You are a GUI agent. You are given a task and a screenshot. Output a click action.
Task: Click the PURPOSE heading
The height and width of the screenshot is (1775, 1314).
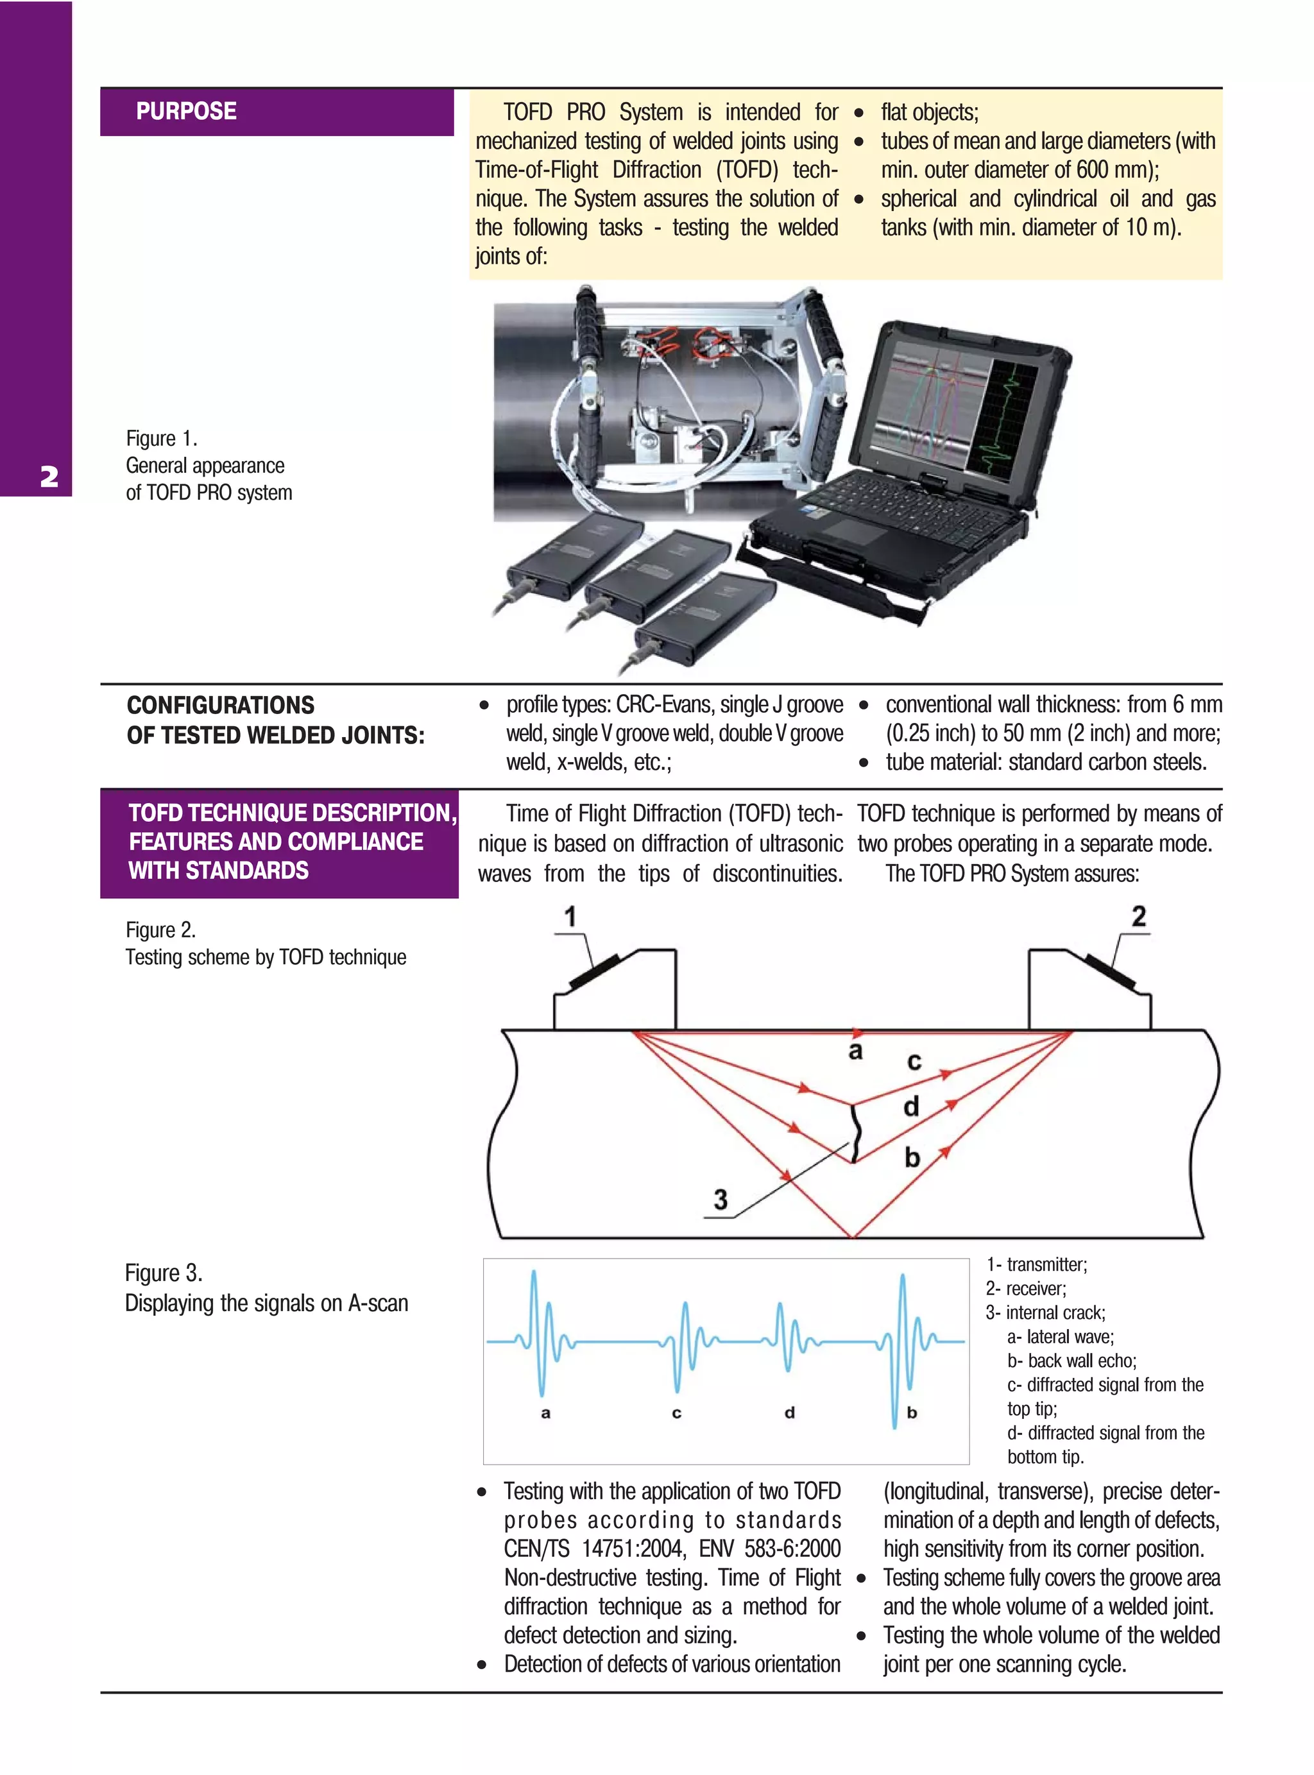click(x=186, y=112)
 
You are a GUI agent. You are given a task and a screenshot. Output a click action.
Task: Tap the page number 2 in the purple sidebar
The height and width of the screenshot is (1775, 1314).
click(x=49, y=477)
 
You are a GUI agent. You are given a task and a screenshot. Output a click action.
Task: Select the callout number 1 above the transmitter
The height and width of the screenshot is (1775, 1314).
click(x=570, y=917)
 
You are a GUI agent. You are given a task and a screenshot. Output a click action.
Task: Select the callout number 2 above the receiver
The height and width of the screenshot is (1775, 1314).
click(x=1138, y=916)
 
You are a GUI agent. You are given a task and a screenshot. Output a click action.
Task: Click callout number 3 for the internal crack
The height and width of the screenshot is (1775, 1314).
click(x=720, y=1199)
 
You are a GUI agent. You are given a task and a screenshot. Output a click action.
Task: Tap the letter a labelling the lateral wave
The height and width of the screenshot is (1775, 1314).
click(x=855, y=1051)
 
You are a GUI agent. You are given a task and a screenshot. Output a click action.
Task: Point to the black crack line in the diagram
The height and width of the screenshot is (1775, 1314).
click(x=855, y=1134)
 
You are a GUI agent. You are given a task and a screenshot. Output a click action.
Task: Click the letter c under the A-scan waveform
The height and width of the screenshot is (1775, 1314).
click(x=676, y=1413)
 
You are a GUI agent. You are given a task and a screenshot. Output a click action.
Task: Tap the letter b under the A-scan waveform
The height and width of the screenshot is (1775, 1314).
click(x=912, y=1413)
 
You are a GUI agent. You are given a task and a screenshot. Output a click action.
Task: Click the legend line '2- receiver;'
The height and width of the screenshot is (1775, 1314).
click(x=1026, y=1288)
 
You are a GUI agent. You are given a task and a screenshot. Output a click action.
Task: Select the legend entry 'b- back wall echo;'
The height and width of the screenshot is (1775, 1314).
click(x=1071, y=1361)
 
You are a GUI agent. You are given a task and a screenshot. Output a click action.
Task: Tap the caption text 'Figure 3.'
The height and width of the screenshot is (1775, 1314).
click(x=164, y=1273)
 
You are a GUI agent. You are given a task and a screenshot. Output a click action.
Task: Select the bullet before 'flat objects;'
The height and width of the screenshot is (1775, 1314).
click(x=859, y=113)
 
